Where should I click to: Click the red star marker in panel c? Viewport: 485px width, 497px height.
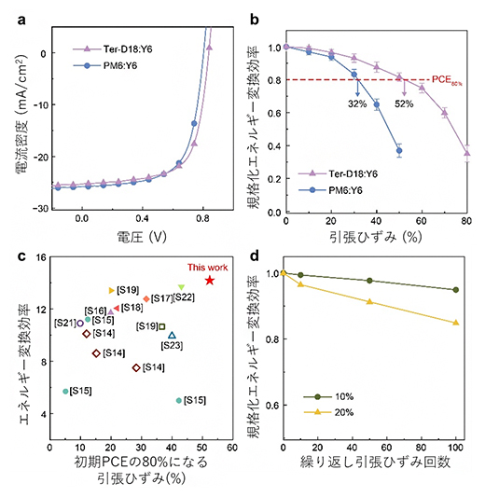point(210,280)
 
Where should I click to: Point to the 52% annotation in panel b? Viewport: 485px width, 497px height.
point(404,104)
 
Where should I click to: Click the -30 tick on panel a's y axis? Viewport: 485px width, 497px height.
point(41,208)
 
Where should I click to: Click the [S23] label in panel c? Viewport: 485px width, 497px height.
point(171,345)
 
